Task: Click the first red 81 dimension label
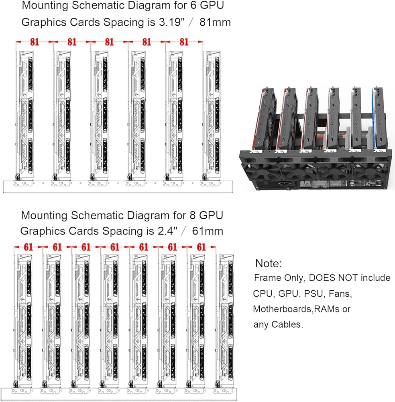[x=35, y=41]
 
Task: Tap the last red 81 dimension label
[x=184, y=41]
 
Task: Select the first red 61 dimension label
[x=28, y=247]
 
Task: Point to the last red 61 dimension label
[x=202, y=247]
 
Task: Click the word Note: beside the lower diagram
[x=269, y=264]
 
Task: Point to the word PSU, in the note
[x=314, y=293]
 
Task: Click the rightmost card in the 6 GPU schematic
[x=213, y=117]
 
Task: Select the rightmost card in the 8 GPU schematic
[x=225, y=322]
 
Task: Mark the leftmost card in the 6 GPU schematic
[x=25, y=117]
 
